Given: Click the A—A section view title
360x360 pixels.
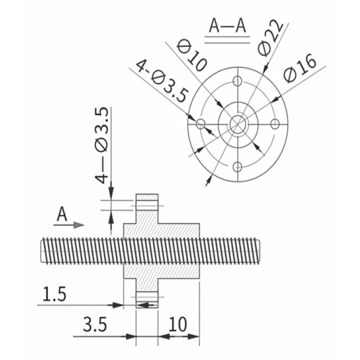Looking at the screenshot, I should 228,26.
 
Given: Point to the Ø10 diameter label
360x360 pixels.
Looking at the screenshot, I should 191,55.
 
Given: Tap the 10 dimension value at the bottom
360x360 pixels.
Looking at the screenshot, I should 177,325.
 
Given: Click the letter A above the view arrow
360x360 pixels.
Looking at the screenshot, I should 62,214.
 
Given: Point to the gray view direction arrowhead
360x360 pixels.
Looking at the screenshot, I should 78,225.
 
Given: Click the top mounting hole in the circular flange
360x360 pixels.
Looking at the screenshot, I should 237,81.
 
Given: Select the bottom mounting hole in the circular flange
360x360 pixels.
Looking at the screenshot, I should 237,166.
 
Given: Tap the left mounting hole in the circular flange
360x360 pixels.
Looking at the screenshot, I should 200,123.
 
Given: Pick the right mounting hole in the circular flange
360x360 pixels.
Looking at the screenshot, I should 275,123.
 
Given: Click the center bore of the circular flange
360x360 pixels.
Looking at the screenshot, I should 237,123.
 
